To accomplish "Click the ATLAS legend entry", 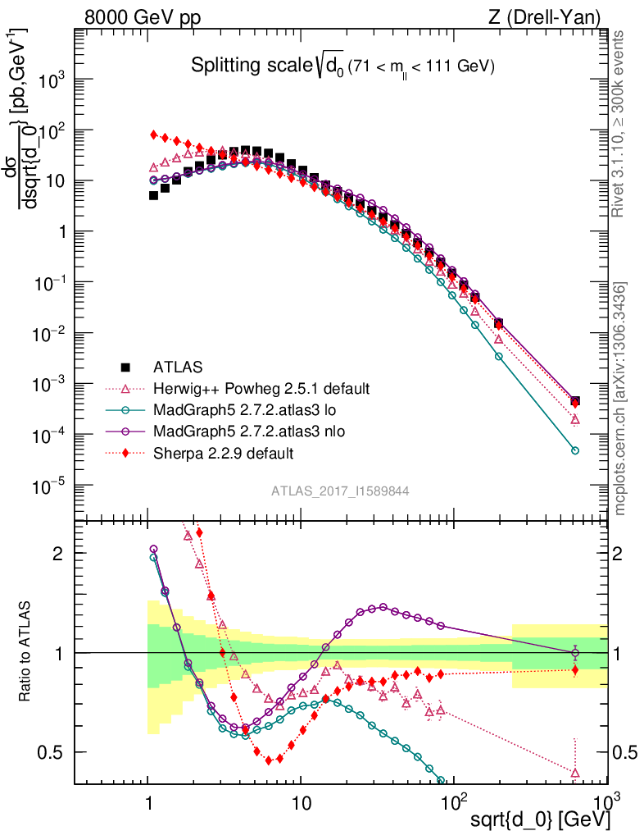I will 176,367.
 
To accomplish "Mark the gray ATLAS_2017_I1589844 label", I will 340,491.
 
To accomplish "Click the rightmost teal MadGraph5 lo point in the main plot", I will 575,450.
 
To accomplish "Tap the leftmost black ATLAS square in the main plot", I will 153,195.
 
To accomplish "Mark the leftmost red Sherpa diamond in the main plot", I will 153,135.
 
